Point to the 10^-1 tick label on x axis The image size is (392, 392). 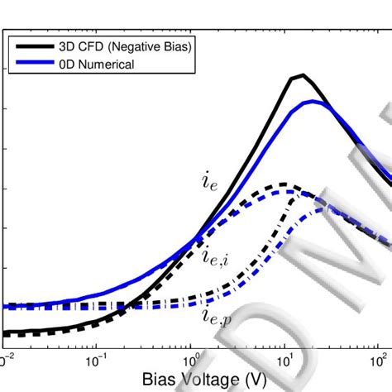[97, 361]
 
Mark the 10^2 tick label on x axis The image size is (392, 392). [380, 361]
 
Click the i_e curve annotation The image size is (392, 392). [210, 183]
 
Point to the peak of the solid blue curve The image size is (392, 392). [312, 101]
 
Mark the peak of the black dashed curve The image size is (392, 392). [283, 184]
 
